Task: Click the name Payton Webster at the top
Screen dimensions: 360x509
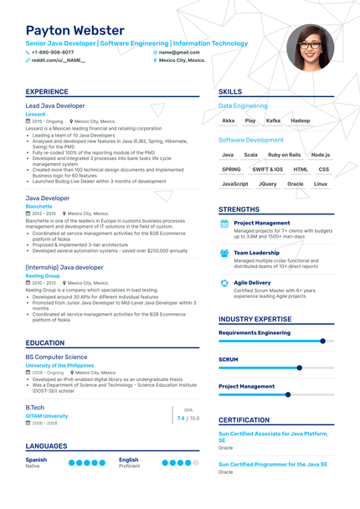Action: [x=76, y=30]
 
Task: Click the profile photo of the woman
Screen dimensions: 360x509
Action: [x=310, y=48]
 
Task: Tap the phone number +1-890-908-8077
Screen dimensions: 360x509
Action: [x=52, y=52]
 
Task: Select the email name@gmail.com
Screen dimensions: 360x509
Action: [x=181, y=52]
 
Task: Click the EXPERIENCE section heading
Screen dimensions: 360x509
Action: [x=47, y=92]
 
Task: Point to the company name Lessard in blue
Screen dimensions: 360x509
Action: [x=36, y=114]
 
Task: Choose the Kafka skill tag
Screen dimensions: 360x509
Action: [x=273, y=121]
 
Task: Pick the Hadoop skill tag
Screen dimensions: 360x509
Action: [x=300, y=121]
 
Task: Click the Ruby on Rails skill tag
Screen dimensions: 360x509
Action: [x=284, y=155]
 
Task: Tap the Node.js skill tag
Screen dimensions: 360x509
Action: [x=321, y=155]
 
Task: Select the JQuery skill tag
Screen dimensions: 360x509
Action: [x=268, y=183]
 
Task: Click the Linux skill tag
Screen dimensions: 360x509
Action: [x=321, y=183]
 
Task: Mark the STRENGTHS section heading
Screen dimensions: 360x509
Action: [x=239, y=209]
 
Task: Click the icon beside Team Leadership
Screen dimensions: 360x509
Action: [x=224, y=253]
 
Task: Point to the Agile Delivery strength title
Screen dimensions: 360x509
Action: [x=252, y=282]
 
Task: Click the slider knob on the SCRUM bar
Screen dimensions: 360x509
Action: [x=299, y=368]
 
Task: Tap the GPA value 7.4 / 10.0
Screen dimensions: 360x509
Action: [x=188, y=418]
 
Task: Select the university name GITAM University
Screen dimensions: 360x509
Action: [x=47, y=415]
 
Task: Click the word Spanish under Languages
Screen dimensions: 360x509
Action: [x=36, y=460]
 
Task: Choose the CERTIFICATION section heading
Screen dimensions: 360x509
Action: [x=244, y=420]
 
